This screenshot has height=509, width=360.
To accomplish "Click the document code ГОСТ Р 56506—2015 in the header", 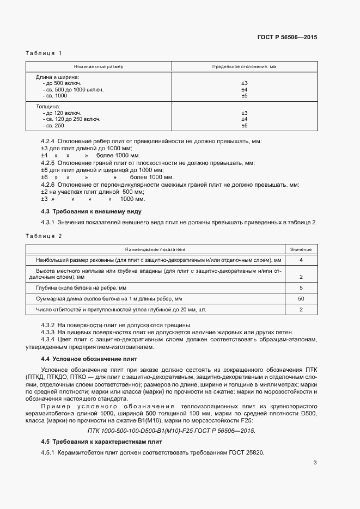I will pos(286,38).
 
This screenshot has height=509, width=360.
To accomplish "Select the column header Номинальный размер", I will pos(99,66).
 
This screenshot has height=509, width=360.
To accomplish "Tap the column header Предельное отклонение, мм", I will pos(244,66).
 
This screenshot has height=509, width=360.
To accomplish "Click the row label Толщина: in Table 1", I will pos(48,106).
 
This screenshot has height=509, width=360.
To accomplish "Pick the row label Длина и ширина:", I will pos(58,77).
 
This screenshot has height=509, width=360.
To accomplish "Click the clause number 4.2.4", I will pos(48,141).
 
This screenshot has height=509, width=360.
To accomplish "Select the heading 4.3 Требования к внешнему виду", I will pos(91,211).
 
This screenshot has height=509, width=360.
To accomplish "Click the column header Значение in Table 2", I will pos(301,249).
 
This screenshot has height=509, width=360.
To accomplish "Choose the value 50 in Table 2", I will pos(301,298).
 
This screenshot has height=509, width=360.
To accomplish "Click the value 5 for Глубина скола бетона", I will pos(301,287).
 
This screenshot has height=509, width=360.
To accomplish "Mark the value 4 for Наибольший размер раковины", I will pos(301,260).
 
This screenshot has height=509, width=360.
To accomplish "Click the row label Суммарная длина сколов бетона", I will pos(109,298).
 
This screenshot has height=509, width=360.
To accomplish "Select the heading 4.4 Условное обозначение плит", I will pos(89,359).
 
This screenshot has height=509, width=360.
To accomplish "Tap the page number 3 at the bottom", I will pos(315,463).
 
